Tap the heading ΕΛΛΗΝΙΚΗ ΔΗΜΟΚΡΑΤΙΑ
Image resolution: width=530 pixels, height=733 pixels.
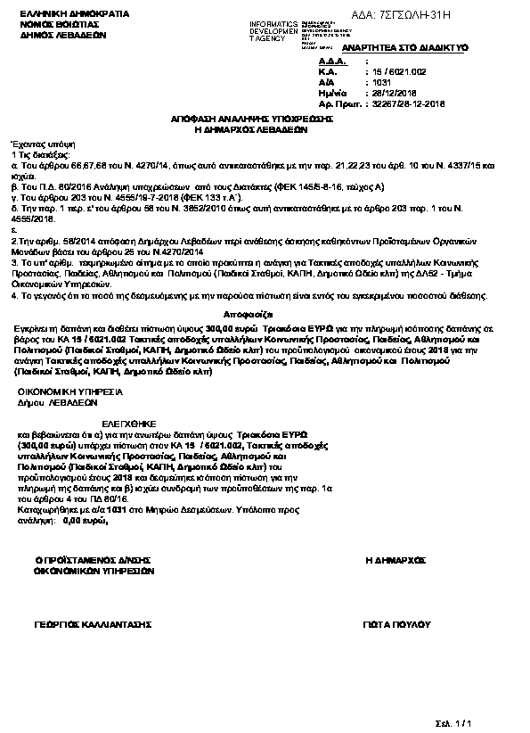coord(55,15)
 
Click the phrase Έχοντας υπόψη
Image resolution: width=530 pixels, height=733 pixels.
coord(30,143)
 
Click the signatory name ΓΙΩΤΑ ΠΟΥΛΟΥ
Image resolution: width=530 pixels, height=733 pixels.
coord(396,627)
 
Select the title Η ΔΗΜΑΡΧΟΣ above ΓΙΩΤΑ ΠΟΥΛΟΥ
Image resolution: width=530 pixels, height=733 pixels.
coord(395,559)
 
